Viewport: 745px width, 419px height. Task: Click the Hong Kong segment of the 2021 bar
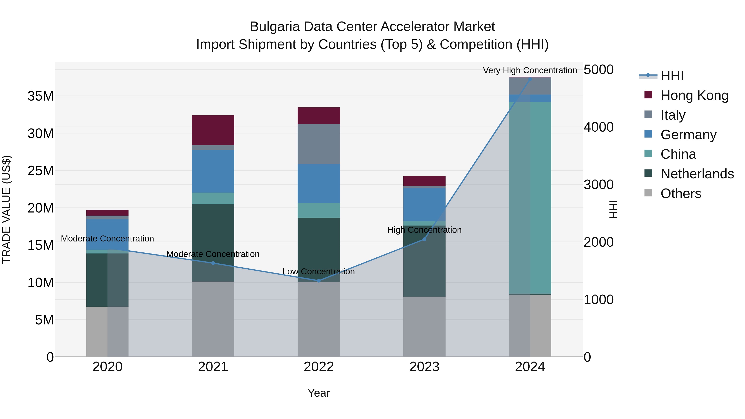(213, 130)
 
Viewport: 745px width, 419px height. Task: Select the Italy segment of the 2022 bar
(318, 144)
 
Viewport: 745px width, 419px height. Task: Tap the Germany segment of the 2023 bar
(424, 204)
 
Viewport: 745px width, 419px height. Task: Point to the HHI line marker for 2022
(319, 281)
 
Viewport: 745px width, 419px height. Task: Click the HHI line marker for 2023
(424, 239)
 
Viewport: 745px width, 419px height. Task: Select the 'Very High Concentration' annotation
(530, 70)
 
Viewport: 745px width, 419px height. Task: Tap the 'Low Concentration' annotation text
(318, 271)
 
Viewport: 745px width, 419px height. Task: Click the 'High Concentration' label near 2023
(424, 230)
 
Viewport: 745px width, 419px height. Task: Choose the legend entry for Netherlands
(697, 174)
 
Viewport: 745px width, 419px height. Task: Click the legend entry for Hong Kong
(694, 95)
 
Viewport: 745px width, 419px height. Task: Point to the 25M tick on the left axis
(41, 171)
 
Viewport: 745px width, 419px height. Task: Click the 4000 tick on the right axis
(598, 127)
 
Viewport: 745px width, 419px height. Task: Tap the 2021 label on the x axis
(213, 367)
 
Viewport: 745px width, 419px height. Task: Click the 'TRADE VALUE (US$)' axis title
(6, 209)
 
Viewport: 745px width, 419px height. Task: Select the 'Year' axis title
(318, 393)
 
